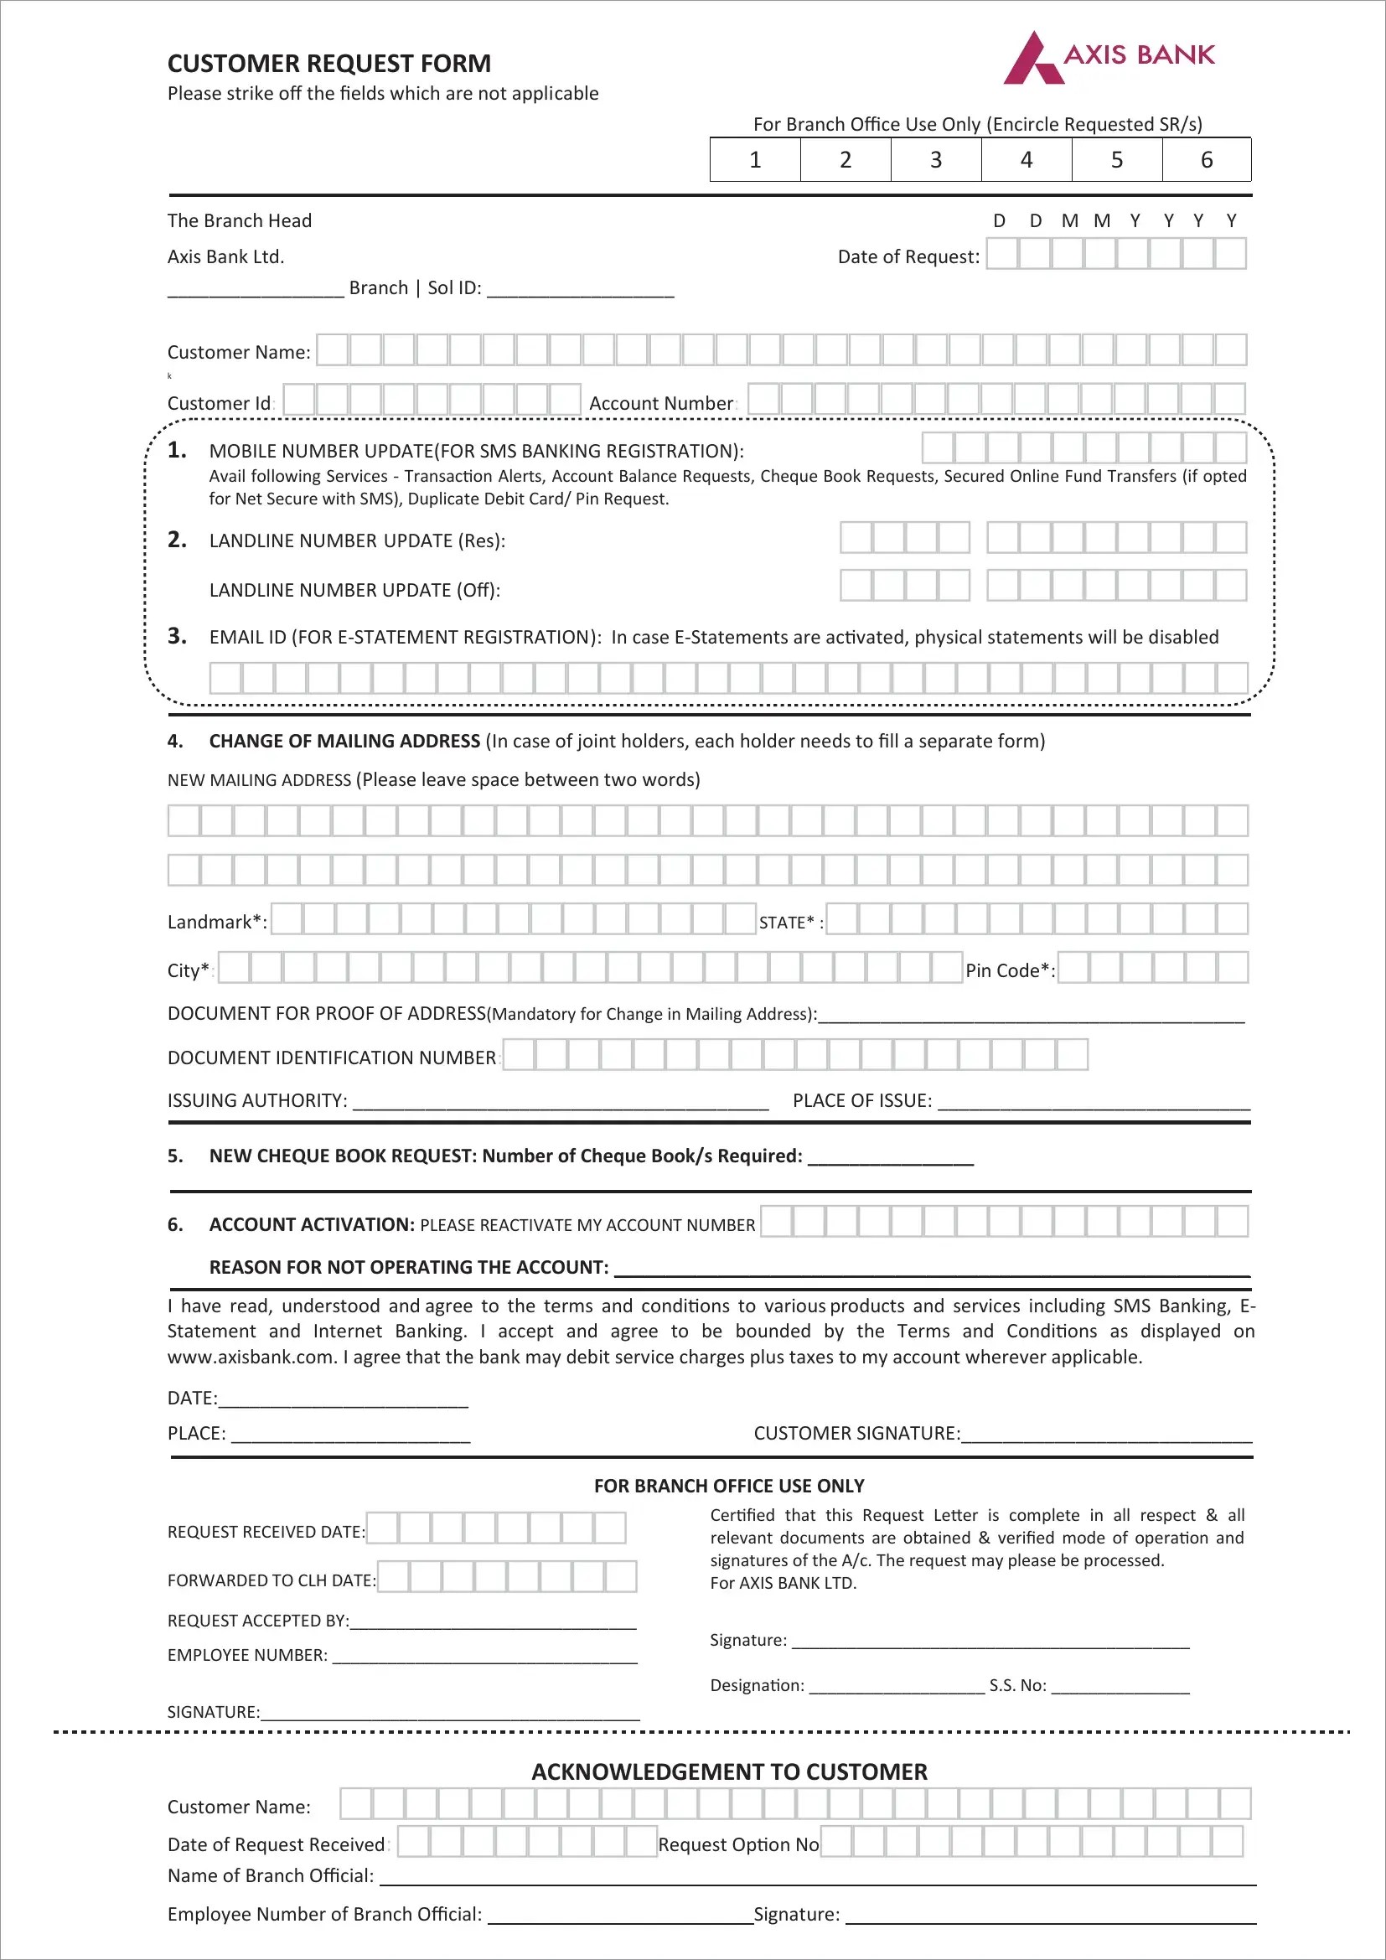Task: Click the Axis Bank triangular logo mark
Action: tap(1032, 59)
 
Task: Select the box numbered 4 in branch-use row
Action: tap(1026, 160)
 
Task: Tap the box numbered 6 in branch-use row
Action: tap(1206, 160)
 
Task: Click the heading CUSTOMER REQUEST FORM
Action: tap(328, 64)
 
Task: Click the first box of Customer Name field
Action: tap(332, 350)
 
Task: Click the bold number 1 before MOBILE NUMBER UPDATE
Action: tap(177, 450)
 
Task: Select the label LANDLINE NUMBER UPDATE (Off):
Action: tap(354, 590)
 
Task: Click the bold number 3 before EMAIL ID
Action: tap(177, 636)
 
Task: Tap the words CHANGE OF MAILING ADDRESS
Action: tap(344, 741)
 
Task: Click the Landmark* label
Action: tap(217, 922)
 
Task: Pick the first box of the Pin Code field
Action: tap(1073, 968)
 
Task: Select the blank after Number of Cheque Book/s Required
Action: tap(889, 1158)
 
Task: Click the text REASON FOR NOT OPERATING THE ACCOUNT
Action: tap(408, 1268)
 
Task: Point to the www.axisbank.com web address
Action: tap(251, 1358)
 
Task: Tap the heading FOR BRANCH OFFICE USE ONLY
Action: tap(729, 1487)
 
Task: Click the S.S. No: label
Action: tap(1017, 1686)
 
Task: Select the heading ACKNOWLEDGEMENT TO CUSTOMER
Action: tap(729, 1772)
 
